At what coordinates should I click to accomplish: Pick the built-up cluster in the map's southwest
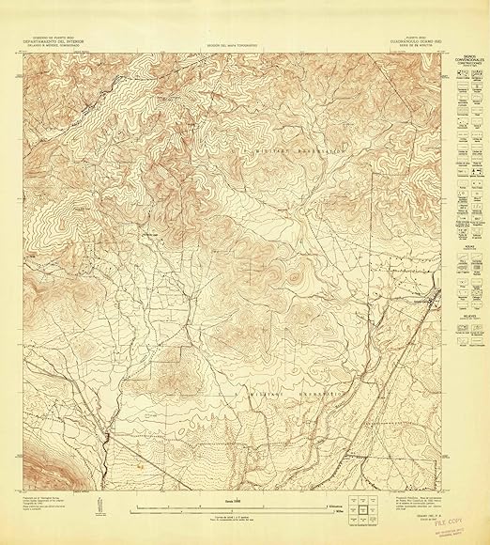pyautogui.click(x=110, y=434)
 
